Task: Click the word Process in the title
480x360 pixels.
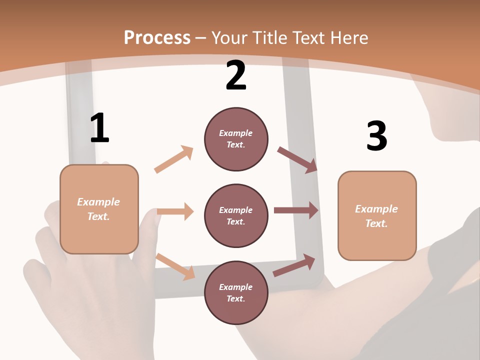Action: (157, 38)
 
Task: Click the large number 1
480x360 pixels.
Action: (99, 128)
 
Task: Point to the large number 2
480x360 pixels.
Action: (236, 75)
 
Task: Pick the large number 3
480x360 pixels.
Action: (377, 136)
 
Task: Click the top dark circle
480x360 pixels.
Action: (236, 139)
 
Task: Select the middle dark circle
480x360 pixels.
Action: (236, 216)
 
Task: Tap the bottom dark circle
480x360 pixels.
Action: (236, 293)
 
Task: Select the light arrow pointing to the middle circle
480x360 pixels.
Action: (175, 211)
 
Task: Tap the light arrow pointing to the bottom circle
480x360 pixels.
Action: (175, 266)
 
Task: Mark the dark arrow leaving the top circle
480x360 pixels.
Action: (297, 159)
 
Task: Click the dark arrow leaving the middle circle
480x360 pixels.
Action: (296, 210)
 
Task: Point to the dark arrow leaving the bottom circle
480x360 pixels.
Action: (294, 265)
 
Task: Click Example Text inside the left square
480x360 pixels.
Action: (99, 209)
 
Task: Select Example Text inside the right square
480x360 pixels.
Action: (377, 216)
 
